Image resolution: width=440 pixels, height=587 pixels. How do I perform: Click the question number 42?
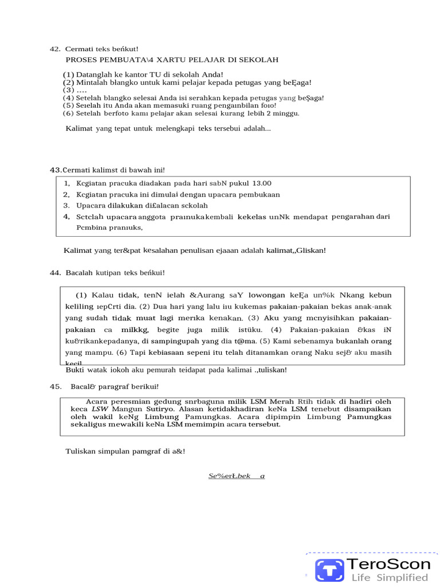(x=56, y=49)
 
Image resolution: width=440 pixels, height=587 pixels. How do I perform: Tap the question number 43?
(x=56, y=170)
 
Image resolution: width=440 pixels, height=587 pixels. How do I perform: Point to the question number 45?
(x=56, y=386)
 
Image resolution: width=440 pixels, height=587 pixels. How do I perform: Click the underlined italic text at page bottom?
(x=236, y=476)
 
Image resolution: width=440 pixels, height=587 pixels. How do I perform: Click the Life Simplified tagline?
(x=390, y=577)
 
